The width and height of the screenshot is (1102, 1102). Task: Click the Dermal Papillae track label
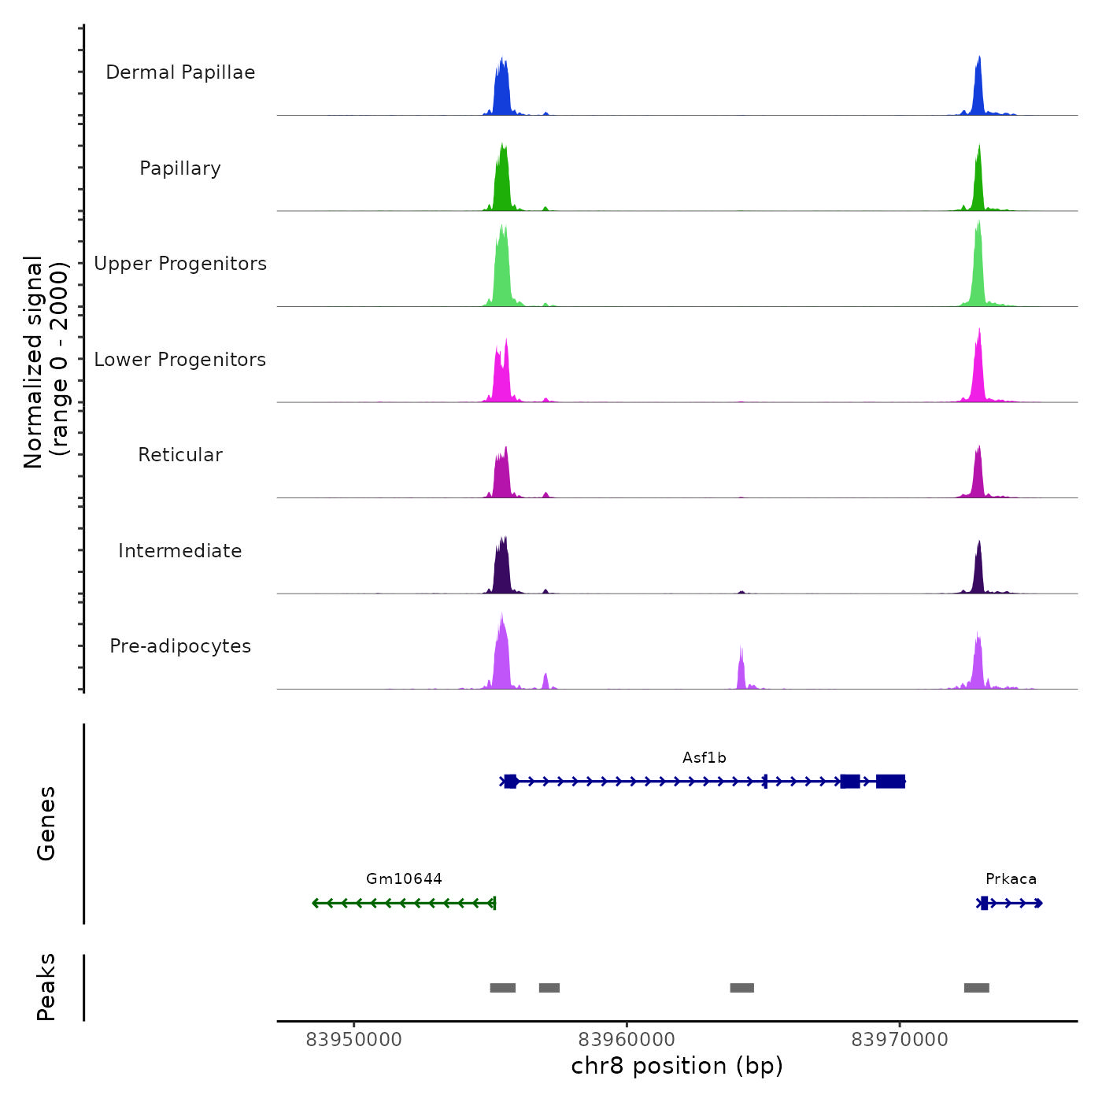(x=180, y=72)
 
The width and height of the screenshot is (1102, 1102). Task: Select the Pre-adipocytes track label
(x=180, y=646)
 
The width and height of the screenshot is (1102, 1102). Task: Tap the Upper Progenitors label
(x=180, y=264)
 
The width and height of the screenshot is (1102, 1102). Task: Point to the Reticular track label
(x=180, y=455)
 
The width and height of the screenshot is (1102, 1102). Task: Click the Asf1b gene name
(x=704, y=758)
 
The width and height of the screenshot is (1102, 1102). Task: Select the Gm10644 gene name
(x=404, y=879)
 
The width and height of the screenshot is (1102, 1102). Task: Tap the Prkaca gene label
(x=1011, y=879)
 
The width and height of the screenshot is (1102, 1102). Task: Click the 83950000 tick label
(x=353, y=1040)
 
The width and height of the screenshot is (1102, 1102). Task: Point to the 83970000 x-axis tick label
(x=900, y=1040)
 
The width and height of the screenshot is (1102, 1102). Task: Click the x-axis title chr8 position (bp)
(x=677, y=1066)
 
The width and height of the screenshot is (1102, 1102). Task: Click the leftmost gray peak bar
(x=502, y=988)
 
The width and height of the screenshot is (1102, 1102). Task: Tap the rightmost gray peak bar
(x=976, y=988)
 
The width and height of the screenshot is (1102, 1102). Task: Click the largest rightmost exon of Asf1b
(x=890, y=781)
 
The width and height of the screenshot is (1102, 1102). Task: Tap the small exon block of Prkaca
(x=984, y=903)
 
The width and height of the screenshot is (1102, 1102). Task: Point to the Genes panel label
(x=46, y=823)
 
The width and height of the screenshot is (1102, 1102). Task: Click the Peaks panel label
(x=46, y=987)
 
